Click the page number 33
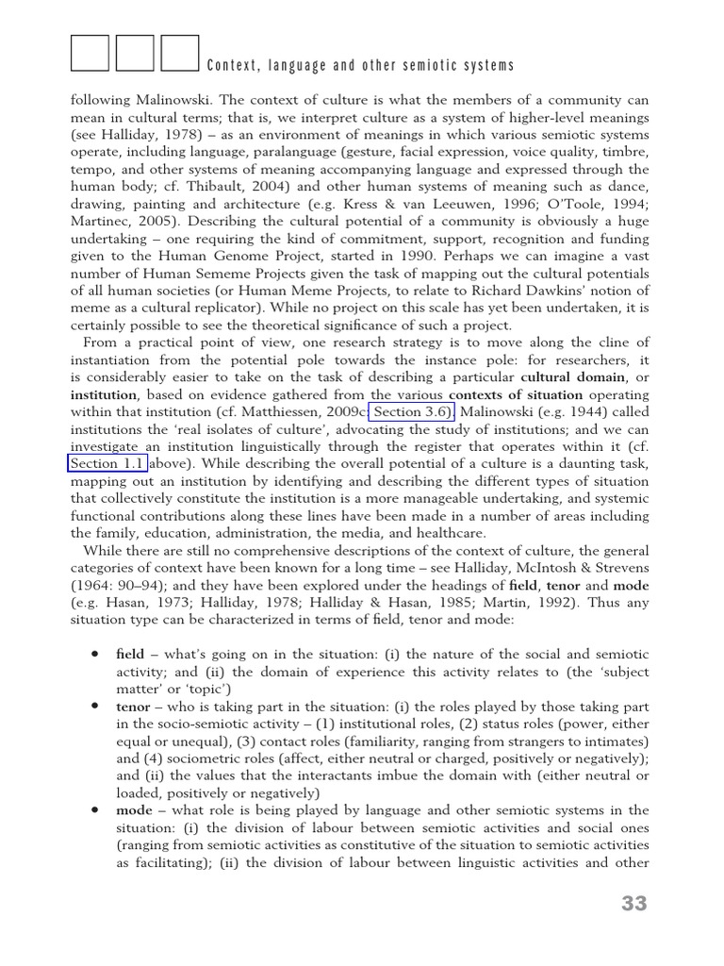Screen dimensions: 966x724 click(634, 904)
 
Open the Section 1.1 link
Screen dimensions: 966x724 click(107, 463)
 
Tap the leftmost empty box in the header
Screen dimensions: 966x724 click(90, 54)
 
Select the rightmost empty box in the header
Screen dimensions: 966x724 click(180, 54)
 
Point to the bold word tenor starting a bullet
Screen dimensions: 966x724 click(132, 707)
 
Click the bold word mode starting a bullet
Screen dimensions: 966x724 click(133, 810)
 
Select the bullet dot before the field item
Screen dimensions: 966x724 click(95, 654)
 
